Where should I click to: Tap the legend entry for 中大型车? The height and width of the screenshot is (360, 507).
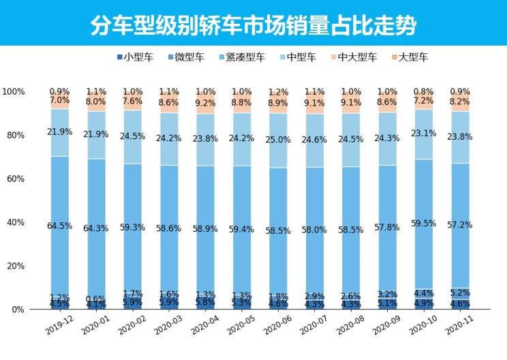[355, 57]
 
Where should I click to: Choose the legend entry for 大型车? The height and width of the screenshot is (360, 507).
[409, 57]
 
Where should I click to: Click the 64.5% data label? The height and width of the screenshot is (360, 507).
[59, 226]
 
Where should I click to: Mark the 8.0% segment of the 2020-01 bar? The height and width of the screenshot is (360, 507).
[96, 102]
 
